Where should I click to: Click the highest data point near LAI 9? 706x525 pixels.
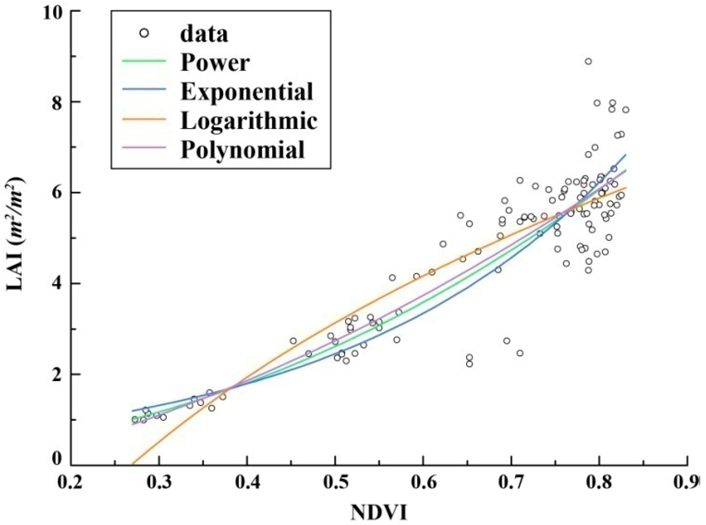pos(588,61)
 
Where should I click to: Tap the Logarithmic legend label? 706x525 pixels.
pos(249,121)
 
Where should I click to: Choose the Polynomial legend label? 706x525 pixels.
pos(243,149)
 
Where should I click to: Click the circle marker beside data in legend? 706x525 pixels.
pos(144,33)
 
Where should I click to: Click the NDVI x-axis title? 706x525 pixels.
pos(378,512)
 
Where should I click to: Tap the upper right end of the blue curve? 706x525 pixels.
pos(625,155)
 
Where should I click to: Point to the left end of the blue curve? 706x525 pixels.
pos(132,411)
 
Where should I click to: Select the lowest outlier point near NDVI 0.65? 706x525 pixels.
pos(469,364)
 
